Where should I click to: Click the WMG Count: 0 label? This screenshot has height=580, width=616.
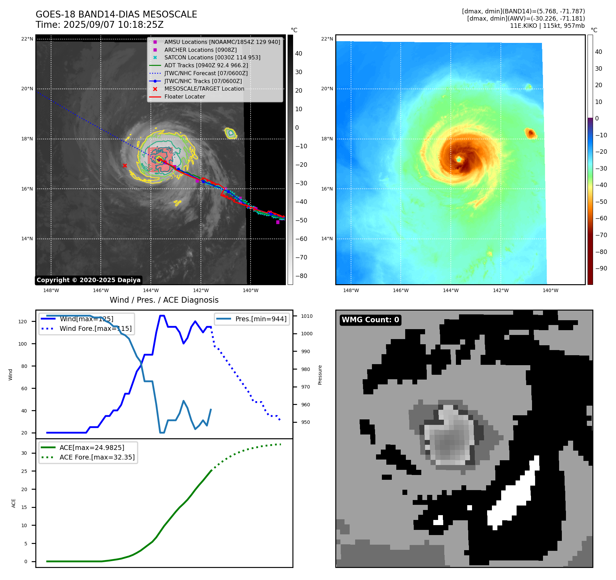pos(370,320)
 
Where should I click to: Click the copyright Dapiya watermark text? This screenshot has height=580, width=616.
pos(88,280)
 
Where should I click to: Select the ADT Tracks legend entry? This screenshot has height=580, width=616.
pos(206,65)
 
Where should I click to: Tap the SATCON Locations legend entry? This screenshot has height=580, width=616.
pos(212,57)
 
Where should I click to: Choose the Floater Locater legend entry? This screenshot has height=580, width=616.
pos(184,96)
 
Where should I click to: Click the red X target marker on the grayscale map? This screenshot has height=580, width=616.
pos(125,165)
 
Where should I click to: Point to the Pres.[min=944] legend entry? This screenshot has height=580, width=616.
pos(261,319)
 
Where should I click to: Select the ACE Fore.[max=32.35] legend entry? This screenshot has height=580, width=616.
pos(97,457)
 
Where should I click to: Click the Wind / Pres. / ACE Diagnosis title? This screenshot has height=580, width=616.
pos(164,300)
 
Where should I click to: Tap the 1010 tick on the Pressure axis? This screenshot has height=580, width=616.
pos(307,316)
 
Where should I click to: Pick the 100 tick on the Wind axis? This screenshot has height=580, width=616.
pos(23,344)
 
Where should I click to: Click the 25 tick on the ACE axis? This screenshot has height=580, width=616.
pos(24,471)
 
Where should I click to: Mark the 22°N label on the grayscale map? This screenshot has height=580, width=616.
pos(27,39)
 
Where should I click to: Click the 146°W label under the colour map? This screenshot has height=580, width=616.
pos(400,290)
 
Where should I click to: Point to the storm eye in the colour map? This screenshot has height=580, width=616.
pos(459,159)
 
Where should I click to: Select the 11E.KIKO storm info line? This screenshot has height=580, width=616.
pos(547,26)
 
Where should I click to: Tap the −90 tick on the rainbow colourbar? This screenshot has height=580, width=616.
pos(601,268)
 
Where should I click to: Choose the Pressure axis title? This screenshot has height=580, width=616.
pos(320,375)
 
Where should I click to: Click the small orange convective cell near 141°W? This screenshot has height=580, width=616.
pos(531,133)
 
